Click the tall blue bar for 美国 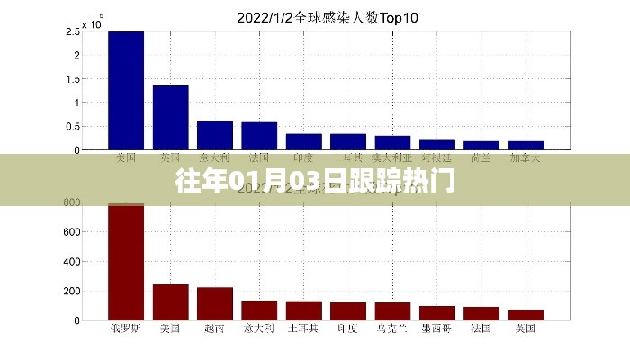(x=126, y=90)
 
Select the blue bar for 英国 (x=170, y=117)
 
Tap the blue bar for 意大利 (x=215, y=135)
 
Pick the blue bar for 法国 (x=259, y=136)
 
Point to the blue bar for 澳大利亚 (x=392, y=142)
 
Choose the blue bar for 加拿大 (x=526, y=145)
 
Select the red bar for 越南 (x=215, y=304)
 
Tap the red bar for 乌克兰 (x=392, y=311)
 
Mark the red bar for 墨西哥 (x=437, y=313)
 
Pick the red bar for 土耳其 (x=303, y=310)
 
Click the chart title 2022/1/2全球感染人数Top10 (x=315, y=16)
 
